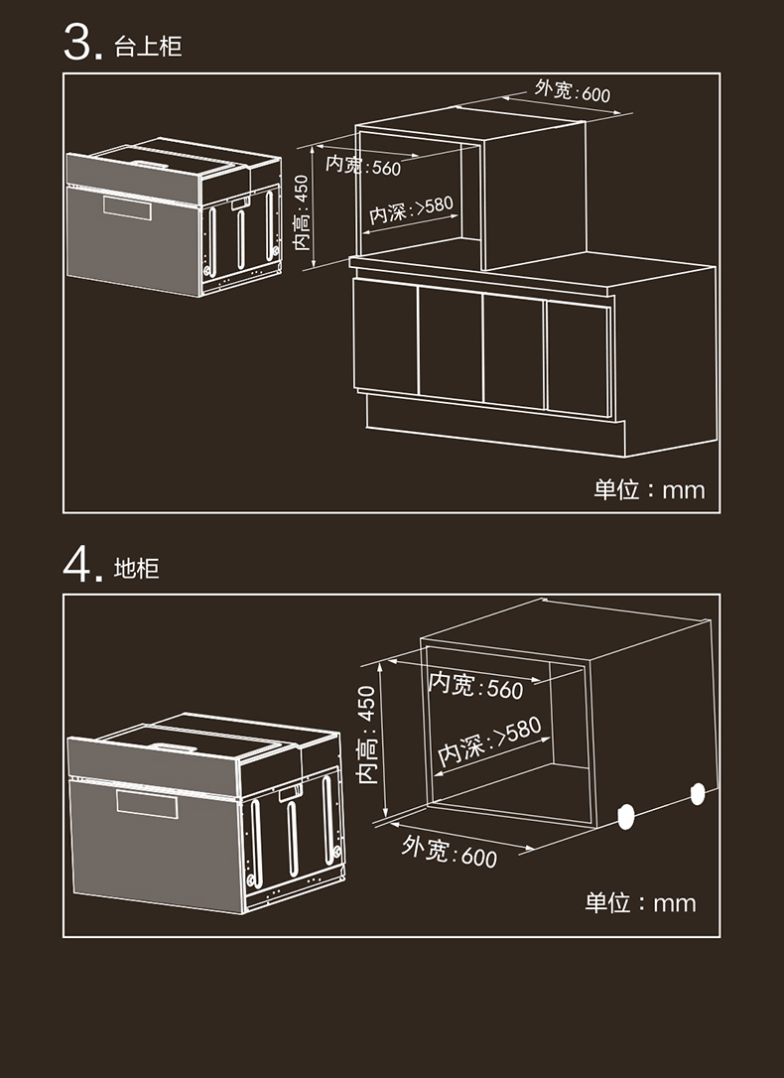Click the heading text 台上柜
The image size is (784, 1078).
(x=149, y=47)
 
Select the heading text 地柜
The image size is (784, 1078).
(x=137, y=569)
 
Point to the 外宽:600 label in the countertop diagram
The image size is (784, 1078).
(x=573, y=92)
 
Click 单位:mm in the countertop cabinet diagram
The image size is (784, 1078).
(x=649, y=489)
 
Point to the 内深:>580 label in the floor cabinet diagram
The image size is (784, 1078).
(x=490, y=741)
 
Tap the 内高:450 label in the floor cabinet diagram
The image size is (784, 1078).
(x=367, y=734)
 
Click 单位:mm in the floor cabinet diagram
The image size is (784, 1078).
(x=640, y=902)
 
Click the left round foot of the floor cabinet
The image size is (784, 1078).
(x=626, y=815)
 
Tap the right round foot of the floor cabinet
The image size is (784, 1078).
(x=698, y=793)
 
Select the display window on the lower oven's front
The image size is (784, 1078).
(x=147, y=804)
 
